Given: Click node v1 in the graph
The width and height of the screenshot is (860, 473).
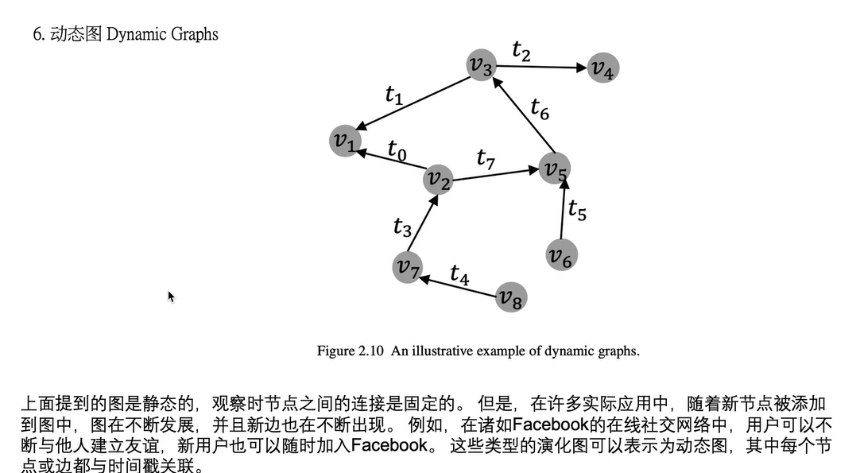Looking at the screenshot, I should (345, 141).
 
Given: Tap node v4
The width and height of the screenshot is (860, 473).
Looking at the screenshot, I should (603, 68).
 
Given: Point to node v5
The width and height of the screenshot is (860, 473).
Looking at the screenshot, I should (555, 168).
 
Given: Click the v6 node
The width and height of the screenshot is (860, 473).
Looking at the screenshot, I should (561, 255).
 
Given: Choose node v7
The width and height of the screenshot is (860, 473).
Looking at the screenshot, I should (408, 267).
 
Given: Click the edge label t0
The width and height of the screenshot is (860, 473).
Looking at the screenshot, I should (397, 149).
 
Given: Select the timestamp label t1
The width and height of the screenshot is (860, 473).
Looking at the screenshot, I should (393, 95).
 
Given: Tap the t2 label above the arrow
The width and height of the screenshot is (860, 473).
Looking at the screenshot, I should (521, 51).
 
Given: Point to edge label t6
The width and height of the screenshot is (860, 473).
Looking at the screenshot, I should (540, 108).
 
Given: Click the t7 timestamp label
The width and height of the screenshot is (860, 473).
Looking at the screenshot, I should (486, 158).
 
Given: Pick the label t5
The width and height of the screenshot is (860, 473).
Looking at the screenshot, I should (577, 211).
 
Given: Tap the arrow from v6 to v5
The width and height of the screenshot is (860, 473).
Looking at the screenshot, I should (562, 211).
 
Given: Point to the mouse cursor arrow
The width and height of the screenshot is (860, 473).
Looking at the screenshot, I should (170, 296).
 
